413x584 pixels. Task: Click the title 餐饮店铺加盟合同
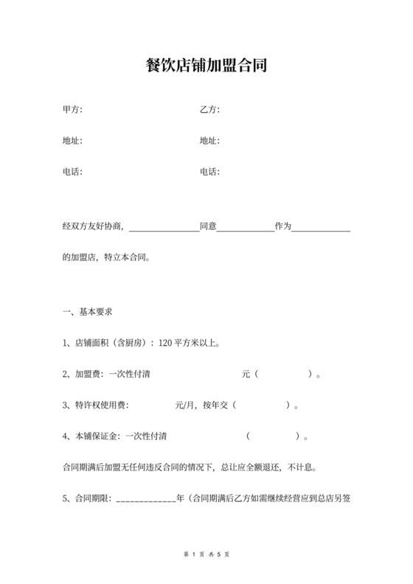coord(206,66)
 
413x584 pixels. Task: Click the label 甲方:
coord(72,110)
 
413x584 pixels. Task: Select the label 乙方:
coord(209,110)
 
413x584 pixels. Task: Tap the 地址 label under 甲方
coord(72,141)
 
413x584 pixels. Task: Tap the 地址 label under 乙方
coord(209,141)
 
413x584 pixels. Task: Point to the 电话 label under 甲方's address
coord(72,172)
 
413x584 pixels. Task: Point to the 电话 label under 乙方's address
coord(209,172)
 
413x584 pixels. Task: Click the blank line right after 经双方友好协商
coord(164,227)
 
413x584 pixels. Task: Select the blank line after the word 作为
coord(321,227)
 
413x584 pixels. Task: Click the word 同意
coord(207,226)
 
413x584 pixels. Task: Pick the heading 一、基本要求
coord(87,312)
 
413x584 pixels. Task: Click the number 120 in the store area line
coord(165,343)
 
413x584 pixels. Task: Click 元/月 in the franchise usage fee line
coord(185,405)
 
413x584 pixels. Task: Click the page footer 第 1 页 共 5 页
coord(206,553)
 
